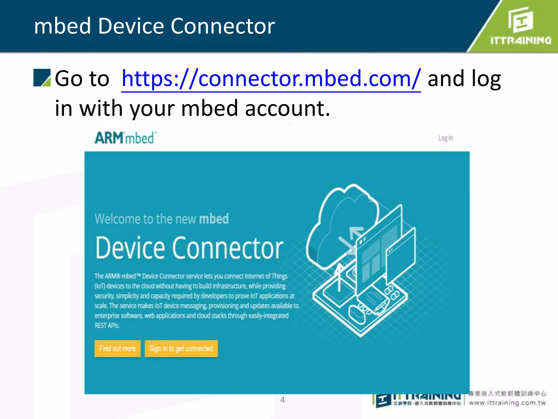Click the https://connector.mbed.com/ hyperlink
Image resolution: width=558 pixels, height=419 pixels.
271,79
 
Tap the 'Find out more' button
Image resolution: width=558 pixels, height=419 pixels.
117,348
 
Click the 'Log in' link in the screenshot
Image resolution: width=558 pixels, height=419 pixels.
445,138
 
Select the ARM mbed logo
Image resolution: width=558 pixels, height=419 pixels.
126,138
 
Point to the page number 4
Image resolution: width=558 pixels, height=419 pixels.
283,400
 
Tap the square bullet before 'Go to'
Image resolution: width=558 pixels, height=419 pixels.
42,78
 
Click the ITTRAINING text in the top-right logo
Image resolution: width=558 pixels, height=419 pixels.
521,41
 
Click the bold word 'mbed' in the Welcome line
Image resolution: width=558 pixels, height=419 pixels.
214,219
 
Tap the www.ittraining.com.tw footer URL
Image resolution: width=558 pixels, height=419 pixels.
507,403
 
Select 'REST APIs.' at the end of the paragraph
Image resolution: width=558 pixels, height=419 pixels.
107,325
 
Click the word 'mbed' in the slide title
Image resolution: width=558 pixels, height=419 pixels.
62,26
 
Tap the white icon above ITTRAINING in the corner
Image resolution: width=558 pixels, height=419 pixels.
520,20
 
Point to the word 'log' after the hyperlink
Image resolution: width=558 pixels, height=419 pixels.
486,79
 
